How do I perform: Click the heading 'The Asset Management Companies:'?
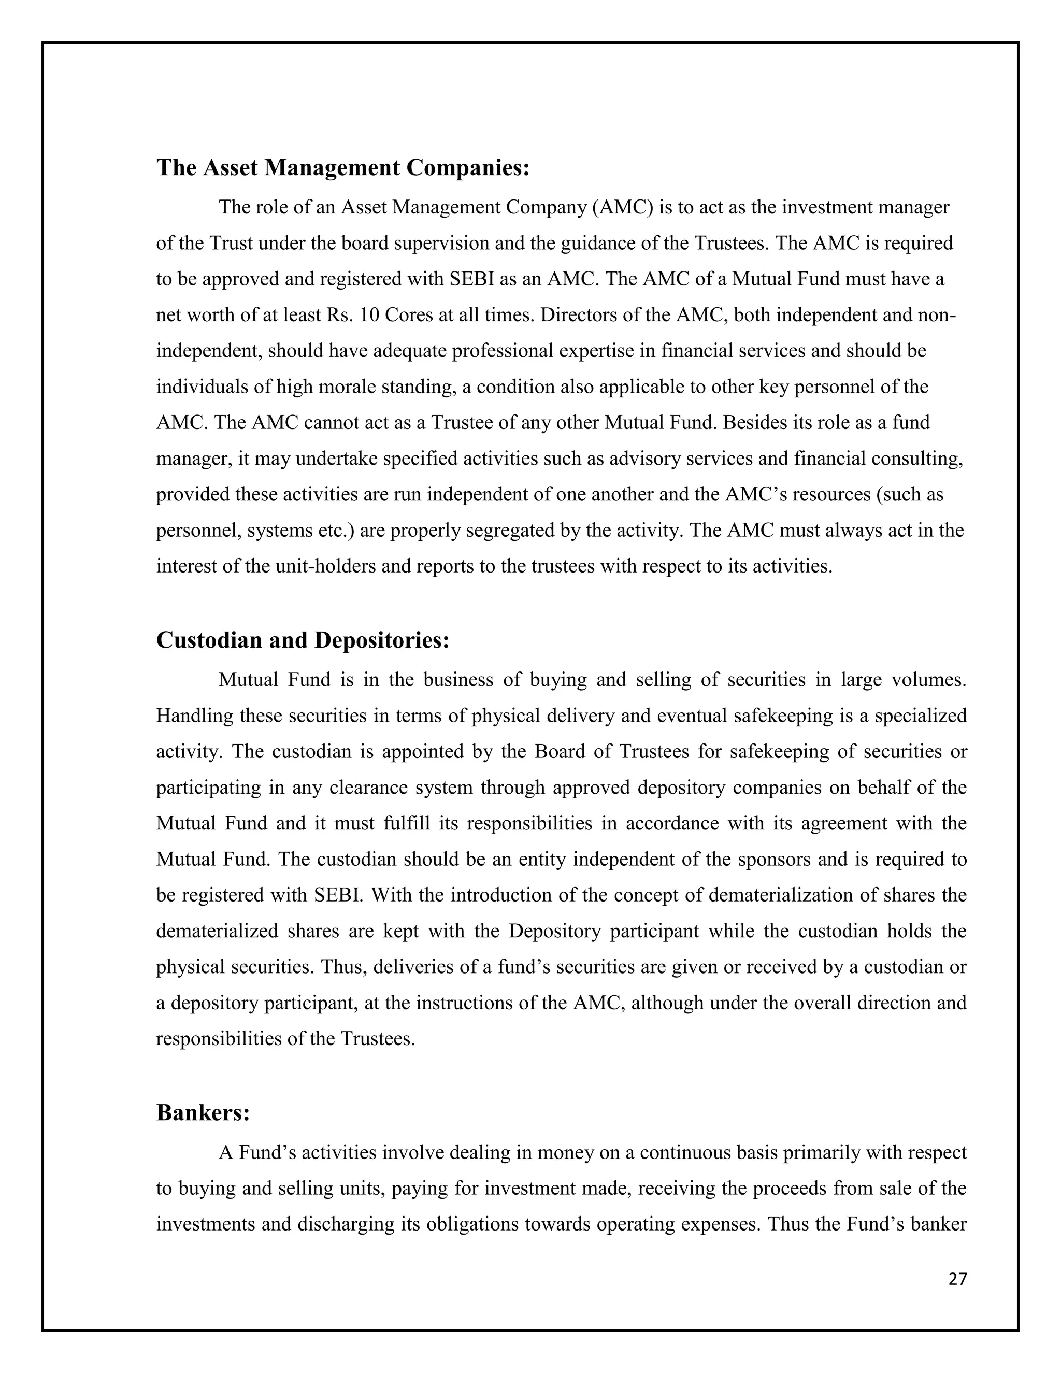coord(342,168)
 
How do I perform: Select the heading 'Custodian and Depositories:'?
coord(303,640)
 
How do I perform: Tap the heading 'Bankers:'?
coord(203,1113)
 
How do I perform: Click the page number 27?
coord(957,1279)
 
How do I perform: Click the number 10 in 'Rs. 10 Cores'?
coord(368,315)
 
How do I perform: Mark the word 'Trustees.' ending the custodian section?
coord(378,1038)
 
